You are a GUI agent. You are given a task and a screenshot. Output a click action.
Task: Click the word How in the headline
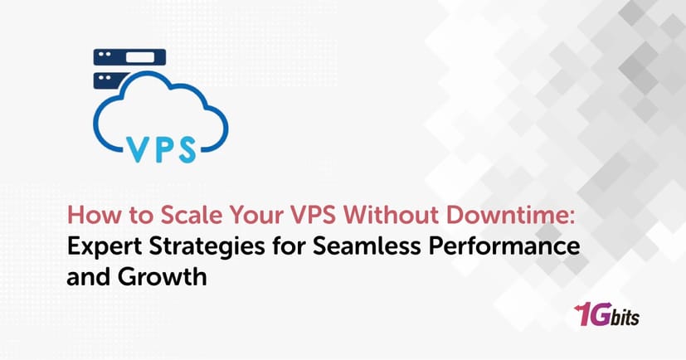(86, 216)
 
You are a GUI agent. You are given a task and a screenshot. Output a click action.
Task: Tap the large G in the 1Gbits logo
(601, 315)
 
